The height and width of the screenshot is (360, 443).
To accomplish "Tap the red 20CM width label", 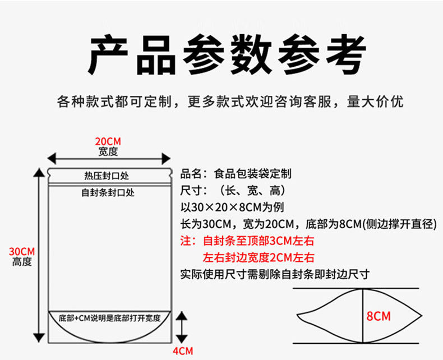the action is coord(108,141).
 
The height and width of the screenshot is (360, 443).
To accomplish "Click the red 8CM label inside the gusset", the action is coord(378,316).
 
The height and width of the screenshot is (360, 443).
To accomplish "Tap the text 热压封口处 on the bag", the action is coord(107,176).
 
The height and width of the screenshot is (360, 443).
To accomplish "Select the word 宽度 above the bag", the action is coord(108,151).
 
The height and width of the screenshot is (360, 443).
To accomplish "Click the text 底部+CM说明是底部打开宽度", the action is coord(109,318).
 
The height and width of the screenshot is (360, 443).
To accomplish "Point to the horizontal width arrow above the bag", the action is coord(109,159).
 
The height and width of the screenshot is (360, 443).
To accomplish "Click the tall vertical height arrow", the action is coord(38,255).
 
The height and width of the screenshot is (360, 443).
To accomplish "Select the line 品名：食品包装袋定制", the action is coord(236,174).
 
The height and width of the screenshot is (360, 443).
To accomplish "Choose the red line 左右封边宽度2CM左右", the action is coord(259,258).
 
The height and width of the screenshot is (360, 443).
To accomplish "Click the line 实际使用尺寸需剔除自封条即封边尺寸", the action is coord(275,275).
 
